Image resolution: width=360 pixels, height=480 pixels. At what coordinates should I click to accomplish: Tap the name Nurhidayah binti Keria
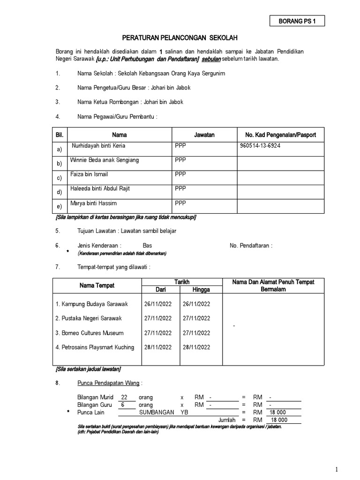pyautogui.click(x=98, y=146)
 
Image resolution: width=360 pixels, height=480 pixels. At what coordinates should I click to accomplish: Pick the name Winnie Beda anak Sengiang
pyautogui.click(x=104, y=160)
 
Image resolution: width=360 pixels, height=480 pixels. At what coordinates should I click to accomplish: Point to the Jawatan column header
pyautogui.click(x=204, y=135)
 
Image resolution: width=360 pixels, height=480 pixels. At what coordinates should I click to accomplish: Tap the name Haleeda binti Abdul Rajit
pyautogui.click(x=100, y=188)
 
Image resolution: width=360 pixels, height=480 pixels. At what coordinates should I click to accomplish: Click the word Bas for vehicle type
pyautogui.click(x=147, y=245)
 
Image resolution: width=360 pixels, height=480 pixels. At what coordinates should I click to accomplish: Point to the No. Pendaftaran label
pyautogui.click(x=251, y=245)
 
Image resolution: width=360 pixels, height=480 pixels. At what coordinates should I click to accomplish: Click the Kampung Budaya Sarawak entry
pyautogui.click(x=91, y=304)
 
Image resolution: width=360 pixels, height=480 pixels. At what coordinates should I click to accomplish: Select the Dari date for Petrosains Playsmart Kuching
pyautogui.click(x=158, y=347)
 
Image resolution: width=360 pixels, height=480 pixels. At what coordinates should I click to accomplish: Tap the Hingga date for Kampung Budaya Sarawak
pyautogui.click(x=196, y=304)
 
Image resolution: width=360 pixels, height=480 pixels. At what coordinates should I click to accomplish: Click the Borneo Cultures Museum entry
pyautogui.click(x=90, y=333)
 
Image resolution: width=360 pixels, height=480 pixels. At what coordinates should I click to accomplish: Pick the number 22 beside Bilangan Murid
pyautogui.click(x=124, y=397)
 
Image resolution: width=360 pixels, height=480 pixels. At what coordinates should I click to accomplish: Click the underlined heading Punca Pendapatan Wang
pyautogui.click(x=108, y=383)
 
